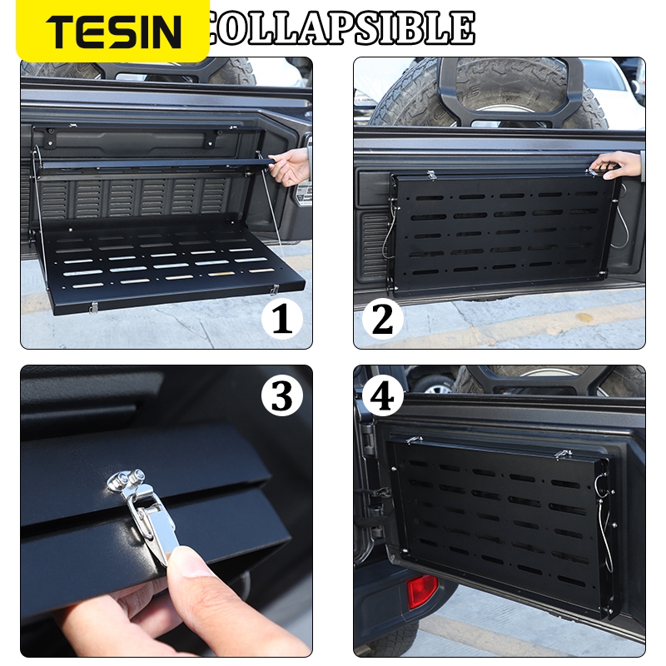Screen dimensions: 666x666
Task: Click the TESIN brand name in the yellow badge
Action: [113, 32]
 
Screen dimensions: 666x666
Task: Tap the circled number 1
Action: [281, 319]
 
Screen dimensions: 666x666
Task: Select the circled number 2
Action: [382, 319]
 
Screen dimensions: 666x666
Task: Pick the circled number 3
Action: [281, 395]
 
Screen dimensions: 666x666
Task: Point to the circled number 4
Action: [382, 396]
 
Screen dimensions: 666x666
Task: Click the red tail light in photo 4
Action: [422, 590]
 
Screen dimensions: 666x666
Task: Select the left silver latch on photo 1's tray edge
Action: [94, 307]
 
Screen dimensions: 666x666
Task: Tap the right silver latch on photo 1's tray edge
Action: [274, 289]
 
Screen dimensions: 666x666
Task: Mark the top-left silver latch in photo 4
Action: [414, 440]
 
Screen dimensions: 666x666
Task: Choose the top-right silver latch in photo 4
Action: [563, 454]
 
